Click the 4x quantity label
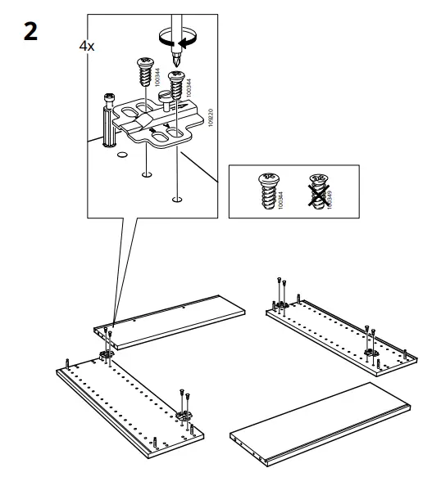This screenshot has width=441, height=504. (86, 47)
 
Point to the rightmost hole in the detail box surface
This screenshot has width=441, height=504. (177, 197)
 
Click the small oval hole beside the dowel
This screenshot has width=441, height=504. (121, 153)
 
